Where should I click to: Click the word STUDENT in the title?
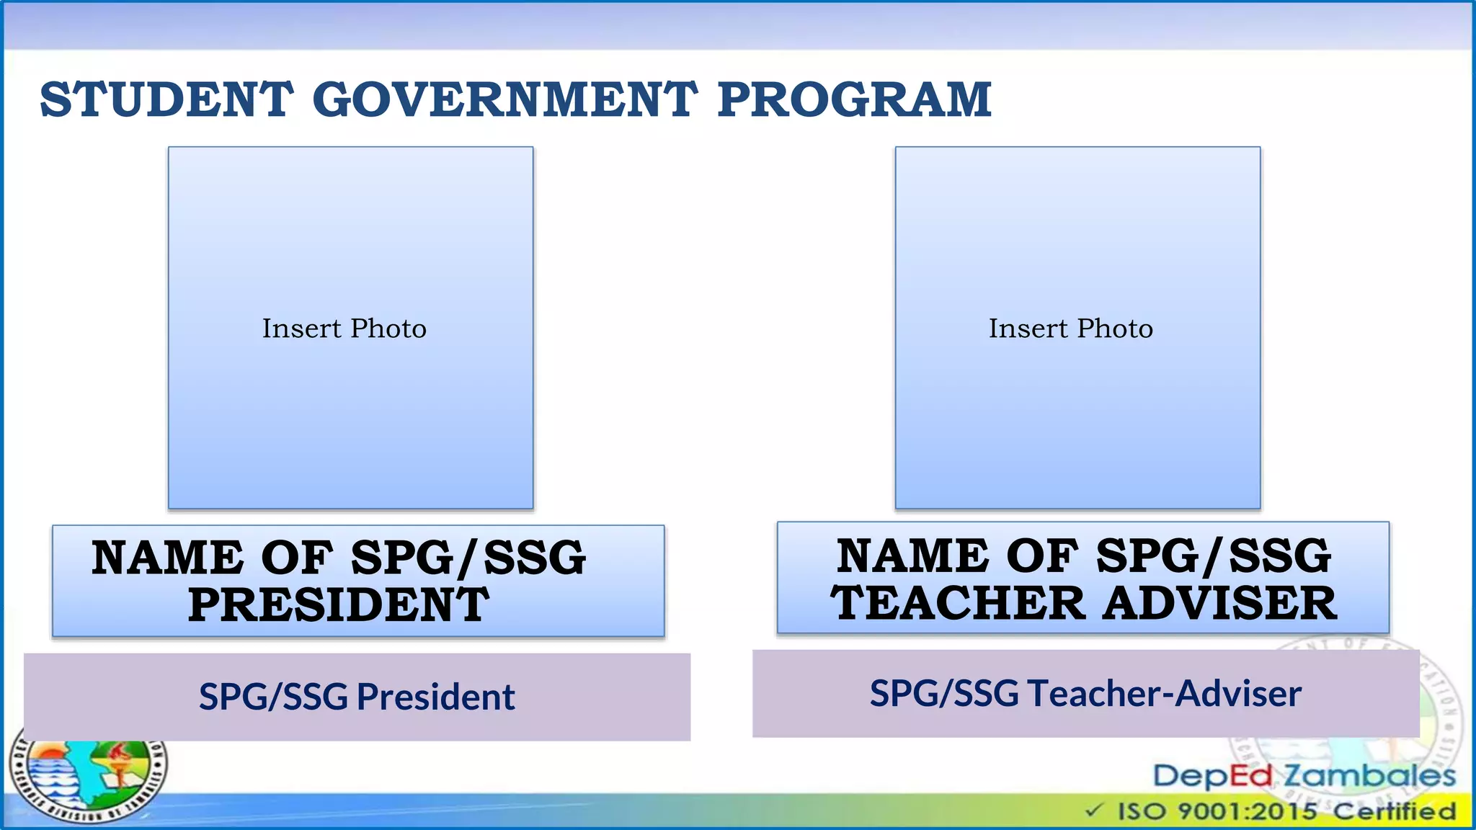(x=166, y=99)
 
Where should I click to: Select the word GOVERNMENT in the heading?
(x=504, y=99)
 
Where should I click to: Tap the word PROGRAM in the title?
(x=854, y=99)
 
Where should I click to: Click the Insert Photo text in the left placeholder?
(x=344, y=329)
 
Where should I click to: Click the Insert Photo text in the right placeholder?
(x=1070, y=329)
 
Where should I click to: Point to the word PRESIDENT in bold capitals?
(x=339, y=604)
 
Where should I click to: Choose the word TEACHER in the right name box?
(x=958, y=602)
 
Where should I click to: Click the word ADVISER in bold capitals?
(x=1219, y=602)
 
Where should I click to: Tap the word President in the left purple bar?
(x=435, y=697)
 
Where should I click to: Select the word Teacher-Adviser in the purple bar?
(x=1164, y=693)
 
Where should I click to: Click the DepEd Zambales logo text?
(x=1304, y=776)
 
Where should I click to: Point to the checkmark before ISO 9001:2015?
(x=1094, y=811)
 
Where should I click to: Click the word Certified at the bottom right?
(x=1394, y=811)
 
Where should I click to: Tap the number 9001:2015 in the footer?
(x=1247, y=811)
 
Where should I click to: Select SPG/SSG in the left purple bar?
(x=274, y=697)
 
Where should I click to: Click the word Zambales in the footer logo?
(x=1369, y=776)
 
